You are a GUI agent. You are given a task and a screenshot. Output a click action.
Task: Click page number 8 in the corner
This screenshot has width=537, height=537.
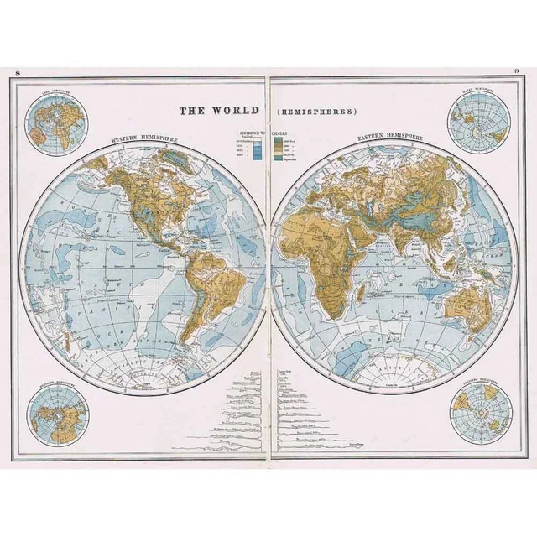pos(18,76)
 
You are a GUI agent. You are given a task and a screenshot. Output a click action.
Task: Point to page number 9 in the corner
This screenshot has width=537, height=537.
pos(517,76)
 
